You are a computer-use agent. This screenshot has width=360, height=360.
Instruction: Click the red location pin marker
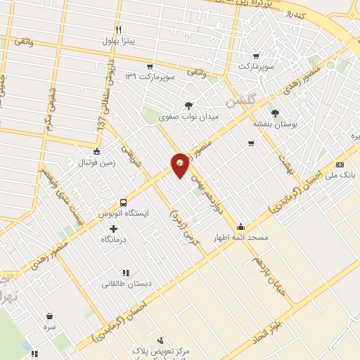pos(181,166)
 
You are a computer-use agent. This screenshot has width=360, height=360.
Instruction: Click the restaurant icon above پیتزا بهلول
pos(119,30)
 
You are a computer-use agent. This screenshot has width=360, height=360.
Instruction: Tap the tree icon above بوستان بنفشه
pos(274,112)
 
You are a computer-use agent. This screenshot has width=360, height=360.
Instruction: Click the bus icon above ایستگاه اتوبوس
pos(124,201)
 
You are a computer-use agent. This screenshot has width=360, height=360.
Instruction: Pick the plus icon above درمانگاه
pos(113,229)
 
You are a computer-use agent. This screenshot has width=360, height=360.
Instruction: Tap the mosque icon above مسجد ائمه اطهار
pos(241,226)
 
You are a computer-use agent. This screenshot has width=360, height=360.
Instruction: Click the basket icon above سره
pos(49,316)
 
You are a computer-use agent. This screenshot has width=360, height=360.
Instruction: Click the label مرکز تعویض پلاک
pos(154,349)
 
